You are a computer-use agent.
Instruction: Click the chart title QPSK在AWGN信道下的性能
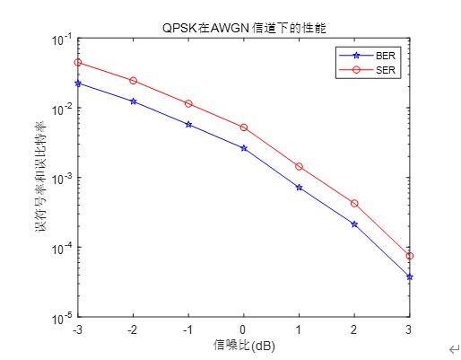[x=244, y=26]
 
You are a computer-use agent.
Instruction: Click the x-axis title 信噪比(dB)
[x=244, y=345]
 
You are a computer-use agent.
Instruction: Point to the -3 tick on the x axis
[x=78, y=329]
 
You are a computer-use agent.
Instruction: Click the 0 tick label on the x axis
[x=243, y=329]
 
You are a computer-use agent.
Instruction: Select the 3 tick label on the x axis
[x=409, y=329]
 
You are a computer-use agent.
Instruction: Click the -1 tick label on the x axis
[x=187, y=329]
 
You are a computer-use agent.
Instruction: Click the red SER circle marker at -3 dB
[x=78, y=63]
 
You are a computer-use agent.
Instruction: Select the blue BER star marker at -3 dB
[x=78, y=83]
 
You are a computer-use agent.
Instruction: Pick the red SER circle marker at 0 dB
[x=243, y=127]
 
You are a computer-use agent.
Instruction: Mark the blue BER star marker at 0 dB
[x=243, y=148]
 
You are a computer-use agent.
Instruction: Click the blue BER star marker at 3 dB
[x=409, y=277]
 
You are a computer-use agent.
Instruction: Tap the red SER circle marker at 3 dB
[x=409, y=256]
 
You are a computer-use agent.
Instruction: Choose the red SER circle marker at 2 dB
[x=354, y=204]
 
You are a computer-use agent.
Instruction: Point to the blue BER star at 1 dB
[x=299, y=188]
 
